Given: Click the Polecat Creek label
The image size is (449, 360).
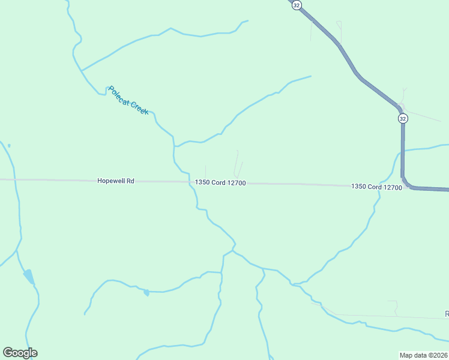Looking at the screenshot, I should (x=128, y=100).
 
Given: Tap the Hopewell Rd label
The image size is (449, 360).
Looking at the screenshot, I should (x=115, y=180).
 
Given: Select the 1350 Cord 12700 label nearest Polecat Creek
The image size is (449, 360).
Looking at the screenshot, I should (x=220, y=182).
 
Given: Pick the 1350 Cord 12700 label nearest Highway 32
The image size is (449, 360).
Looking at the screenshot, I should (x=376, y=187).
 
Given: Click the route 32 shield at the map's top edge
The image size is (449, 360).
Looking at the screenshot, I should (x=297, y=5).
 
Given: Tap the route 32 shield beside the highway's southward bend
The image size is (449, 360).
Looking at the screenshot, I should (x=403, y=119).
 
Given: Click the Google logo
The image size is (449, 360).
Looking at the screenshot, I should (x=20, y=353).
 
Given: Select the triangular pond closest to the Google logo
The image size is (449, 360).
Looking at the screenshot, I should (x=29, y=277).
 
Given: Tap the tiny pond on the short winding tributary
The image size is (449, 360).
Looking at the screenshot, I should (x=146, y=292).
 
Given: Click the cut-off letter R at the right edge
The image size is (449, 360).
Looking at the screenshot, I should (x=447, y=314).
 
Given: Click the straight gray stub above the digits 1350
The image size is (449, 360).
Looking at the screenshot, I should (x=206, y=172).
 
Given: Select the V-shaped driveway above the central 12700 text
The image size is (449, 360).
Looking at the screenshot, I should (x=238, y=167).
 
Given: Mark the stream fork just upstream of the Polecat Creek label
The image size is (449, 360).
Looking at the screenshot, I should (x=82, y=71).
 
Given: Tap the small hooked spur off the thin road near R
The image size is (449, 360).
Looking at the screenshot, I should (x=396, y=307).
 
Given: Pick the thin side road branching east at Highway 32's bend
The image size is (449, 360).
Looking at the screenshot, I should (x=423, y=116).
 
